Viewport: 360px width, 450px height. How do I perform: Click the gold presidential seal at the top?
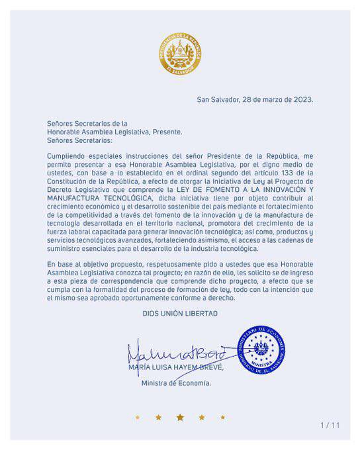coord(179,53)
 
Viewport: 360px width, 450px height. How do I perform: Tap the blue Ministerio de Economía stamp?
coord(262,349)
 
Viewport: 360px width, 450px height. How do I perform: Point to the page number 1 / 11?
coord(330,425)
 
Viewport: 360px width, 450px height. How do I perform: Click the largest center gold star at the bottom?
coord(180,417)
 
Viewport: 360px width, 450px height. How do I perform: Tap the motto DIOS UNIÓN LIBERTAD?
coord(180,313)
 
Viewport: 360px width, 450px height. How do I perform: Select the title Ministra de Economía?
coord(176,382)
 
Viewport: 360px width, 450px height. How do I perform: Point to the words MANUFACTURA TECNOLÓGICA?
coord(100,197)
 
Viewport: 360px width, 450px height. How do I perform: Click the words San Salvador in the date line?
coord(218,100)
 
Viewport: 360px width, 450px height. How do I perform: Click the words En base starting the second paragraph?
coord(60,263)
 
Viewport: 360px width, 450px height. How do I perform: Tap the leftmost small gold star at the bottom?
coord(138,418)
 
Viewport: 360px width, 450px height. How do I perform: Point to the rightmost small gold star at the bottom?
coord(222,418)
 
